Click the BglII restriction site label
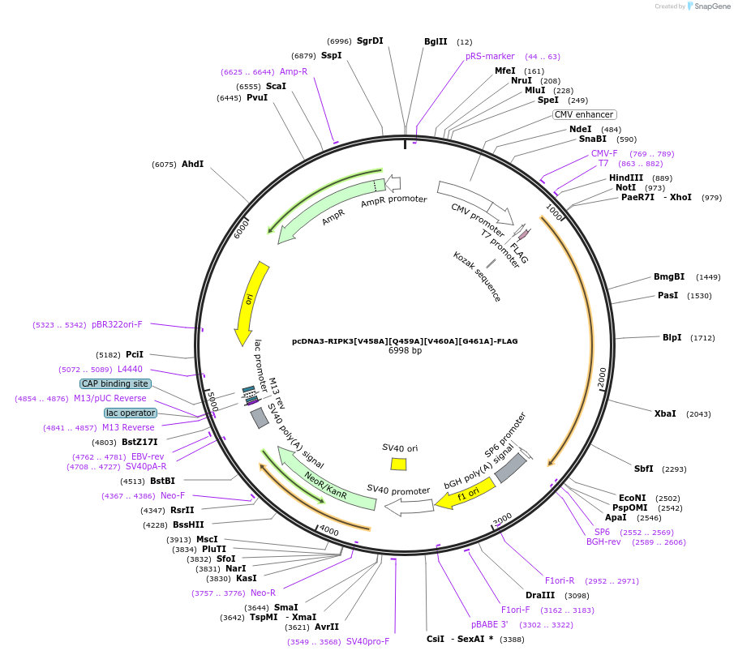coord(436,41)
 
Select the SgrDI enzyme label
coord(370,41)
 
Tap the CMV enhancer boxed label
coord(584,114)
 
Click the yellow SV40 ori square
coord(398,464)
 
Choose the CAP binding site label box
coord(115,383)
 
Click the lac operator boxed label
coord(130,413)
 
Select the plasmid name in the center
coord(405,341)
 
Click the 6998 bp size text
coord(405,351)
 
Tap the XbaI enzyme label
coord(665,413)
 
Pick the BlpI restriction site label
coord(672,337)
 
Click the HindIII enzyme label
coord(626,178)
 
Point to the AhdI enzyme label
coord(192,164)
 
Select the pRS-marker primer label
coord(490,56)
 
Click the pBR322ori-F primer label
coord(117,324)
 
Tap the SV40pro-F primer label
coord(368,641)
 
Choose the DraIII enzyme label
coord(539,595)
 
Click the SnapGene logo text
coord(708,6)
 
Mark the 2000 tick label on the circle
coord(601,378)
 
